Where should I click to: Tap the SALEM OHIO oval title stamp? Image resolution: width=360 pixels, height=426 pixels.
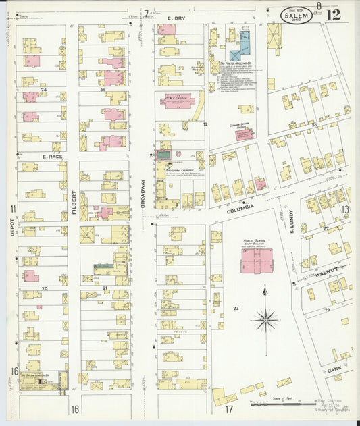pos(296,15)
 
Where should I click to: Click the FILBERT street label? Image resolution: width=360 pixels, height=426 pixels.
pos(74,203)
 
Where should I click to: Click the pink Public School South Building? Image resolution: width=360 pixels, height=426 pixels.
pos(257,261)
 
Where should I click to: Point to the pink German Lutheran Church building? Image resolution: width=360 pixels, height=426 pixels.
pos(245,134)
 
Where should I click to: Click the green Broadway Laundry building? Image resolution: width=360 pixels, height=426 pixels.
pos(163,155)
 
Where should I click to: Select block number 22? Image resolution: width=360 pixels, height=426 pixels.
pos(236,309)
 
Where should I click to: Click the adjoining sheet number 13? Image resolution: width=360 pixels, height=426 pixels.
pos(344,210)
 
